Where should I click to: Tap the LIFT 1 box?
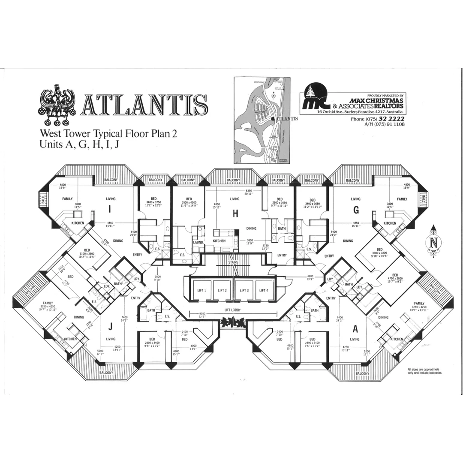click(x=201, y=290)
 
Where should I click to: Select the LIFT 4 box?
click(x=264, y=290)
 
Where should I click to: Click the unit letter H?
click(x=235, y=215)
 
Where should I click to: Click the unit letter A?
click(x=355, y=328)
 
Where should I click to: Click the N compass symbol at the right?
click(x=433, y=243)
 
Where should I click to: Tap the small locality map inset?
click(x=262, y=120)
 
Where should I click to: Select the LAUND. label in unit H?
click(x=198, y=242)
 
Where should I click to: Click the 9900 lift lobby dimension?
click(x=202, y=314)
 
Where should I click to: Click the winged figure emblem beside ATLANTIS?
click(x=57, y=102)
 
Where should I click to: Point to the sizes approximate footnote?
click(x=424, y=371)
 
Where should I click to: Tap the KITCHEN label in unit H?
click(x=219, y=241)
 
